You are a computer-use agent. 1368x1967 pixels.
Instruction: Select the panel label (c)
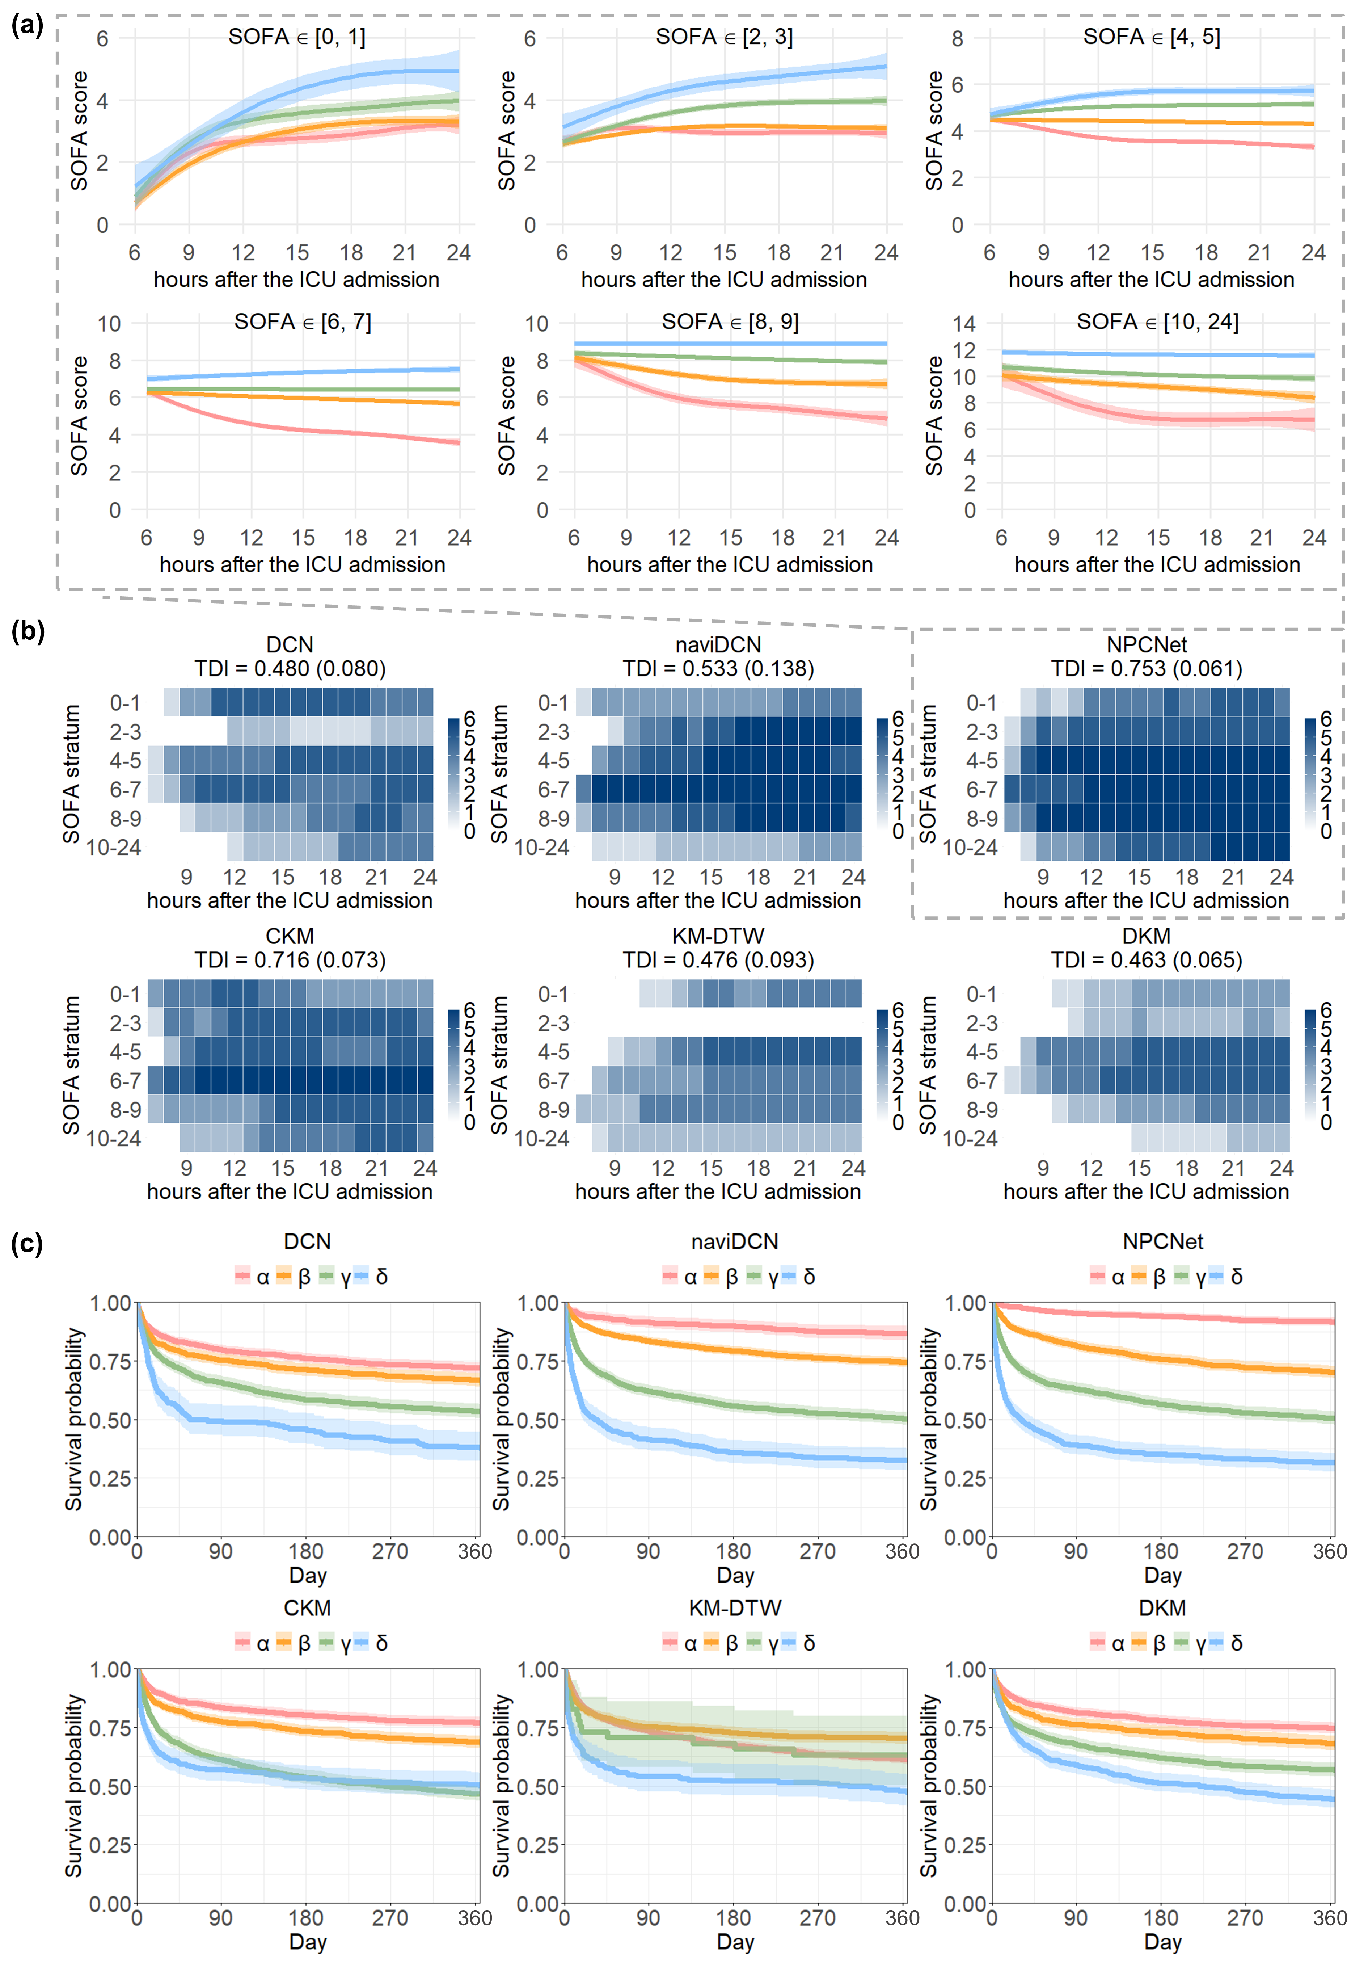pos(26,1243)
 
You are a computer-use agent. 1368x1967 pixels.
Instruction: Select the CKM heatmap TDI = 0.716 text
pos(290,959)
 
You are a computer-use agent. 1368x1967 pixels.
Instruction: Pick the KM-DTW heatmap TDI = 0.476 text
pos(718,959)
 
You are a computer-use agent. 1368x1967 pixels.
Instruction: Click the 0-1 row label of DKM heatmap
pos(982,994)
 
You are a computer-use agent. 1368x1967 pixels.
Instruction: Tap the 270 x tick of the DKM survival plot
pos(1245,1917)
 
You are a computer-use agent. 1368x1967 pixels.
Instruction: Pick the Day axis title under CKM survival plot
pos(308,1941)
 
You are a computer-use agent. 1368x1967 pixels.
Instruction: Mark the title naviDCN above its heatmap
pos(718,644)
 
